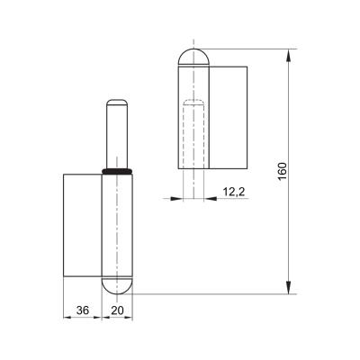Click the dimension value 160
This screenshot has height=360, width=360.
[283, 171]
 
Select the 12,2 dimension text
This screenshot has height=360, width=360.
[234, 192]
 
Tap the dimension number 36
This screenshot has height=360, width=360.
[83, 310]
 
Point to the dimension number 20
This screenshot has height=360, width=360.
[117, 310]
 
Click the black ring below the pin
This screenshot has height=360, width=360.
[117, 171]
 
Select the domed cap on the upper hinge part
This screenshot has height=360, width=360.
[193, 57]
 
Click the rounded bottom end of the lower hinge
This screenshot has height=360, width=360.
[117, 285]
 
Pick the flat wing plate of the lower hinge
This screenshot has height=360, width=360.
[83, 225]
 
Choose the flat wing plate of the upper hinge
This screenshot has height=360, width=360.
[228, 117]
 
